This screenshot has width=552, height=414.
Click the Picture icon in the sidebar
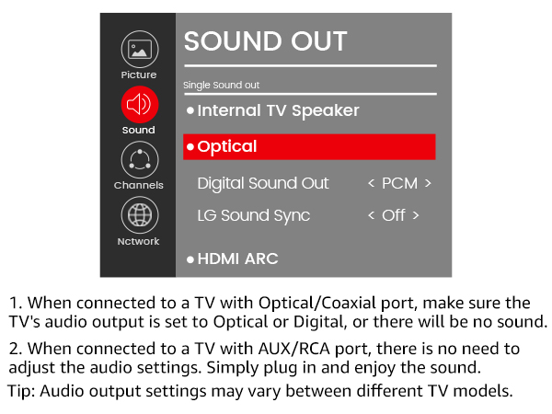click(x=139, y=50)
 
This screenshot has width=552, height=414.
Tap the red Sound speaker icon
click(x=139, y=104)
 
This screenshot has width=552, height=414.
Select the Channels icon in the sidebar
click(x=139, y=160)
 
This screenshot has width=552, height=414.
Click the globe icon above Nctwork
click(x=139, y=215)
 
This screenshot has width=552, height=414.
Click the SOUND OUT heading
click(x=266, y=41)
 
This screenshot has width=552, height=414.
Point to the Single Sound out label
click(x=222, y=86)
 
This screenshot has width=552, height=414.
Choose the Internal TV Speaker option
click(x=278, y=110)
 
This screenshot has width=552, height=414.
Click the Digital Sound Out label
click(x=263, y=183)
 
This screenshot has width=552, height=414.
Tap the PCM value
click(x=399, y=183)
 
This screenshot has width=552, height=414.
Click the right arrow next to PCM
click(x=428, y=183)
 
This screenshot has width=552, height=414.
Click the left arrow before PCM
click(x=371, y=183)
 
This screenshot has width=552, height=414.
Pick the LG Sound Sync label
click(x=254, y=215)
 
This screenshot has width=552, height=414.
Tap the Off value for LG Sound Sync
click(x=394, y=215)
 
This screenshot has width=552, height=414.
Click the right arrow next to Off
click(x=416, y=215)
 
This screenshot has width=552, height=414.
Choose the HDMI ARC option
click(x=237, y=259)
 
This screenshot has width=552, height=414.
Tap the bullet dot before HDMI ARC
click(x=190, y=259)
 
